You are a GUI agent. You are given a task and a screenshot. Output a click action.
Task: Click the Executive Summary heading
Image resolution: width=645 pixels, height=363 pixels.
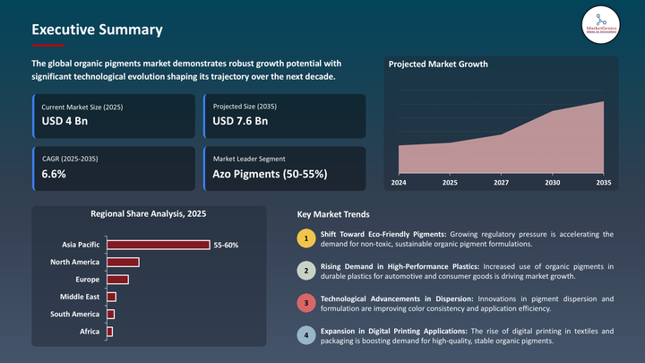[97, 30]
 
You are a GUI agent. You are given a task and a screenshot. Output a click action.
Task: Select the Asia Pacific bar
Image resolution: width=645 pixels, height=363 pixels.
[158, 245]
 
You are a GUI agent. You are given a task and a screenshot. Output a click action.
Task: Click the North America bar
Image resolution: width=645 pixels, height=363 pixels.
[123, 262]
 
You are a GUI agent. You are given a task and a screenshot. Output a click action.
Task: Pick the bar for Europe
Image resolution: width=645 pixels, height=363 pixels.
[117, 279]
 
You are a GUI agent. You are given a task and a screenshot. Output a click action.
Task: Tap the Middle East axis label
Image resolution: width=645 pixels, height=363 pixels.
[80, 297]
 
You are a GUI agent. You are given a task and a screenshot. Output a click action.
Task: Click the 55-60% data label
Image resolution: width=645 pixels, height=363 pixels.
[226, 245]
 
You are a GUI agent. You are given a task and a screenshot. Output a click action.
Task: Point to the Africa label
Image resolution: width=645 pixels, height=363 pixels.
[90, 332]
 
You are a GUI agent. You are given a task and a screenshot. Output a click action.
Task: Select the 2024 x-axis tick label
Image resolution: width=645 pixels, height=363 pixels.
[399, 182]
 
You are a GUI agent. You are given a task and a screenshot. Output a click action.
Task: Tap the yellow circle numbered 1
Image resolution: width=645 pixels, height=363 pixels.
[306, 238]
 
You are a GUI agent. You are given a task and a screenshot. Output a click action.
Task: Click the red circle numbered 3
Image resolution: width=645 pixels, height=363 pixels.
[306, 303]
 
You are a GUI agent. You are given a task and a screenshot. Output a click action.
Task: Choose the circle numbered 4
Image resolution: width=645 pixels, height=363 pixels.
[306, 336]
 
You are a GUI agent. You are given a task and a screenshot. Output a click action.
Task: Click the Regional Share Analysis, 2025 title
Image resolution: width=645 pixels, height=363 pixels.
[149, 214]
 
